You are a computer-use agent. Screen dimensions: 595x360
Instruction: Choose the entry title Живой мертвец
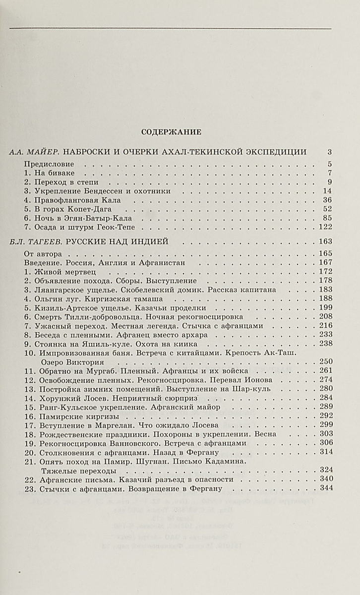point(65,272)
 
